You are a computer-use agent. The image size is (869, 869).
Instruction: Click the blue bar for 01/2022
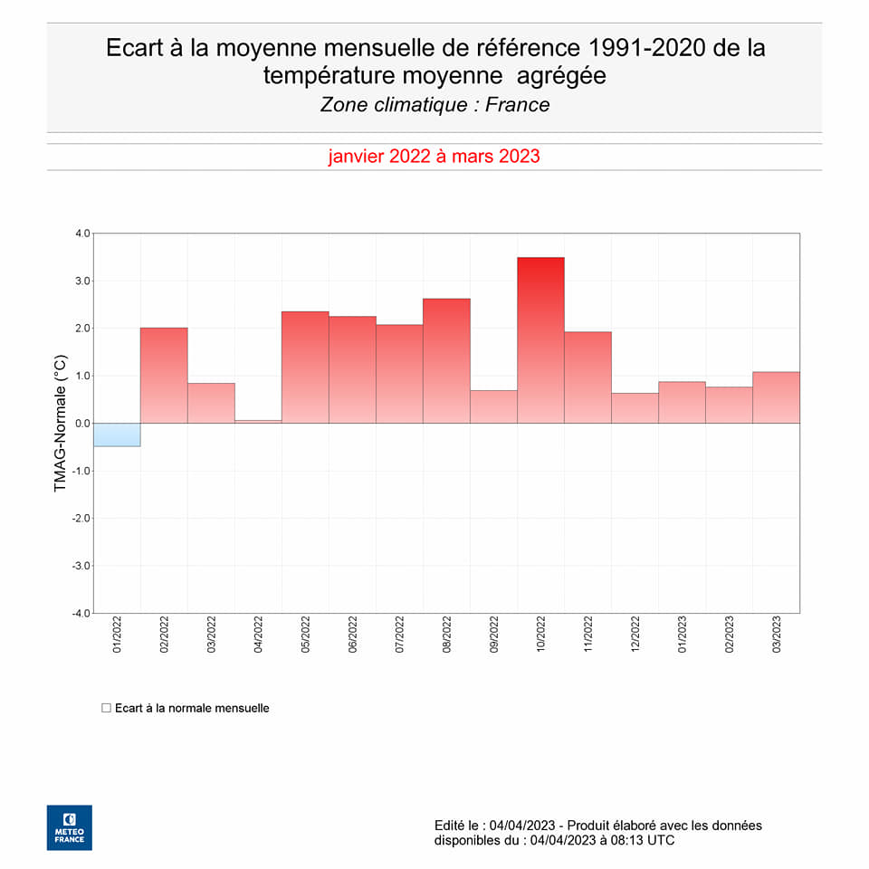pyautogui.click(x=117, y=434)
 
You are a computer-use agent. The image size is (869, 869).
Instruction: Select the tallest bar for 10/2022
pyautogui.click(x=540, y=340)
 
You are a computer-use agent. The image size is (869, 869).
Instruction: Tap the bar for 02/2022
pyautogui.click(x=164, y=376)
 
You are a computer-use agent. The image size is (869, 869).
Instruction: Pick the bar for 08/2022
pyautogui.click(x=446, y=361)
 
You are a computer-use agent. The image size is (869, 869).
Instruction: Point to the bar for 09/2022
pyautogui.click(x=493, y=406)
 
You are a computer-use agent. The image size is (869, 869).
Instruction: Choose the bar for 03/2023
pyautogui.click(x=776, y=397)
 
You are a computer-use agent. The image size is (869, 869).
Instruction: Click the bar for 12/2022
pyautogui.click(x=635, y=408)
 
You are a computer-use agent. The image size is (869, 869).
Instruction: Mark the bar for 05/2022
pyautogui.click(x=305, y=368)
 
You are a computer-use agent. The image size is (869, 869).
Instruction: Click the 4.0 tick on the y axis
pyautogui.click(x=82, y=234)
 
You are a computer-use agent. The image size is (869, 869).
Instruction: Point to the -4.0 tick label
pyautogui.click(x=81, y=614)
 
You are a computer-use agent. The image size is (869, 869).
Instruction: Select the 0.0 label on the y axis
pyautogui.click(x=82, y=424)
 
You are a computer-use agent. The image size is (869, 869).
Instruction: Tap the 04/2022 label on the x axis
pyautogui.click(x=259, y=635)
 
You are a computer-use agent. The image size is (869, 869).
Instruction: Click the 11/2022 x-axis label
pyautogui.click(x=588, y=635)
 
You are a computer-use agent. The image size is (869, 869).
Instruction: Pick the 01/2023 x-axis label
pyautogui.click(x=683, y=635)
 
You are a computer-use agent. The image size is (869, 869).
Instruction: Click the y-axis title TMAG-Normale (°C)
pyautogui.click(x=61, y=424)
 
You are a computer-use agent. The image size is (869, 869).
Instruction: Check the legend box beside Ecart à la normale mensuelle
pyautogui.click(x=106, y=708)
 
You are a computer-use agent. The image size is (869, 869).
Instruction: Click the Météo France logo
pyautogui.click(x=70, y=827)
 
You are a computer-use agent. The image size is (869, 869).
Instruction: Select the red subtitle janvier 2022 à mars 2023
pyautogui.click(x=434, y=157)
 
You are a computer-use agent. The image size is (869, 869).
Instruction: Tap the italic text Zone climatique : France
pyautogui.click(x=434, y=105)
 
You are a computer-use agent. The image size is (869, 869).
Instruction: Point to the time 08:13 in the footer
pyautogui.click(x=627, y=841)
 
